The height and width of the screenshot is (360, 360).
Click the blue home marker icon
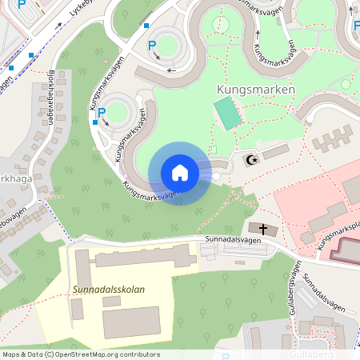179,173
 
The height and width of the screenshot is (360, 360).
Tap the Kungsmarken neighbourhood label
255,90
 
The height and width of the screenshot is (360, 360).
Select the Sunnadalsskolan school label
108,289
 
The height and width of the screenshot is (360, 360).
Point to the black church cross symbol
263,229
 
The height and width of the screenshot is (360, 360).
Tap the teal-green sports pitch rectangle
228,114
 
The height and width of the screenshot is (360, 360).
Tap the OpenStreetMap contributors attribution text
81,354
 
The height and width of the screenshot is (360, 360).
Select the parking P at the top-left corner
21,5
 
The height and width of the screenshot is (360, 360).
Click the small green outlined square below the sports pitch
212,150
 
